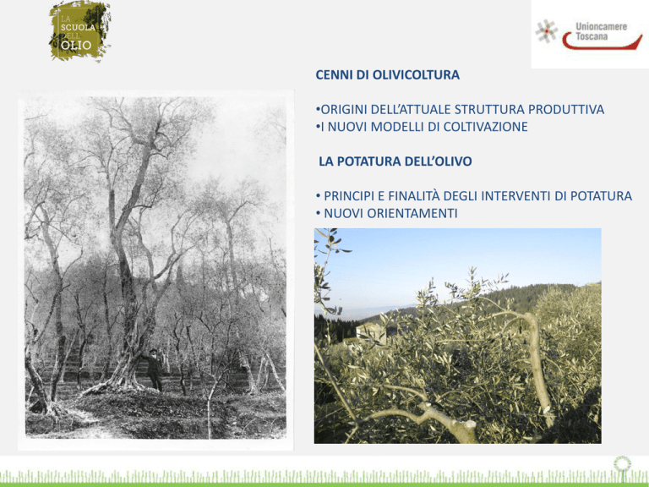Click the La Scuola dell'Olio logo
(80, 31)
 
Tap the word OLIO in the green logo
(76, 45)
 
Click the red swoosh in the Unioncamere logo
(603, 41)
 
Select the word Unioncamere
(601, 27)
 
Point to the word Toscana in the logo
(592, 36)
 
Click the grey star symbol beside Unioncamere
(547, 31)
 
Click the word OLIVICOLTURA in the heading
(416, 75)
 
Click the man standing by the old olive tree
(155, 369)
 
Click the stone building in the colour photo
(371, 333)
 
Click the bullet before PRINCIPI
(318, 196)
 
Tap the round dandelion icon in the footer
(622, 464)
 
